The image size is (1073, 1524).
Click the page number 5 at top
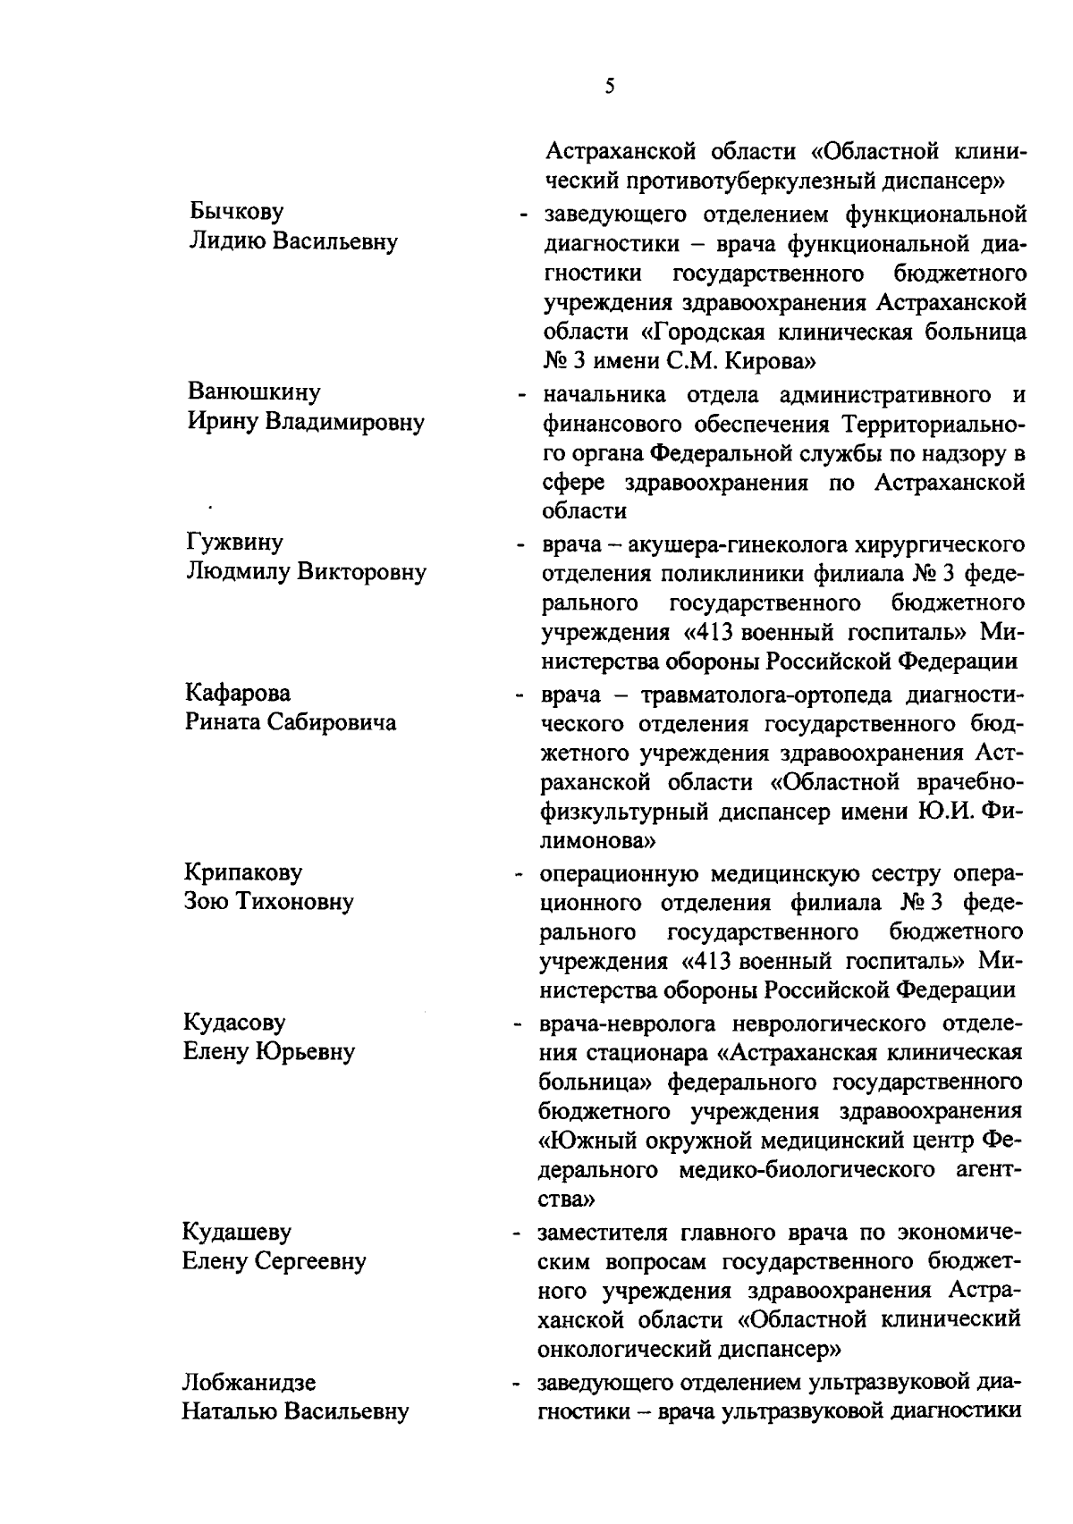(x=610, y=86)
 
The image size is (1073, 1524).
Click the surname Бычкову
(x=237, y=212)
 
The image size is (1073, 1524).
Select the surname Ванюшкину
(x=254, y=392)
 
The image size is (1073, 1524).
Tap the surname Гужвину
(x=234, y=543)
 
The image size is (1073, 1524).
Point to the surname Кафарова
(x=238, y=693)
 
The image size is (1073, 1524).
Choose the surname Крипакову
(x=243, y=871)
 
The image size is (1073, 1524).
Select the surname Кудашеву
(x=237, y=1232)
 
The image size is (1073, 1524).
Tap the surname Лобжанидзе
(x=249, y=1383)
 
